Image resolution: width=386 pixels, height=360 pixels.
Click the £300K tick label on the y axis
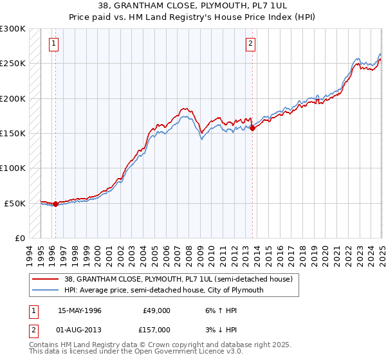[x=13, y=29]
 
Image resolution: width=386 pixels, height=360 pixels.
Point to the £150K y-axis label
[x=13, y=134]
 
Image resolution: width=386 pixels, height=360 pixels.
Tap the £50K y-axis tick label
[x=15, y=203]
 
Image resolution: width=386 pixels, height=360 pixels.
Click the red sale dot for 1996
[x=55, y=204]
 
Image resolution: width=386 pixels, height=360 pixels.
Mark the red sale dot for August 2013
[x=252, y=128]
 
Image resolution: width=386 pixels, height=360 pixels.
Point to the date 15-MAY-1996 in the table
[x=80, y=310]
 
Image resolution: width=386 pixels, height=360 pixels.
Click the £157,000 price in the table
[x=156, y=330]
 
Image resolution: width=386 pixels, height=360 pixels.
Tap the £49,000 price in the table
[x=156, y=310]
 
